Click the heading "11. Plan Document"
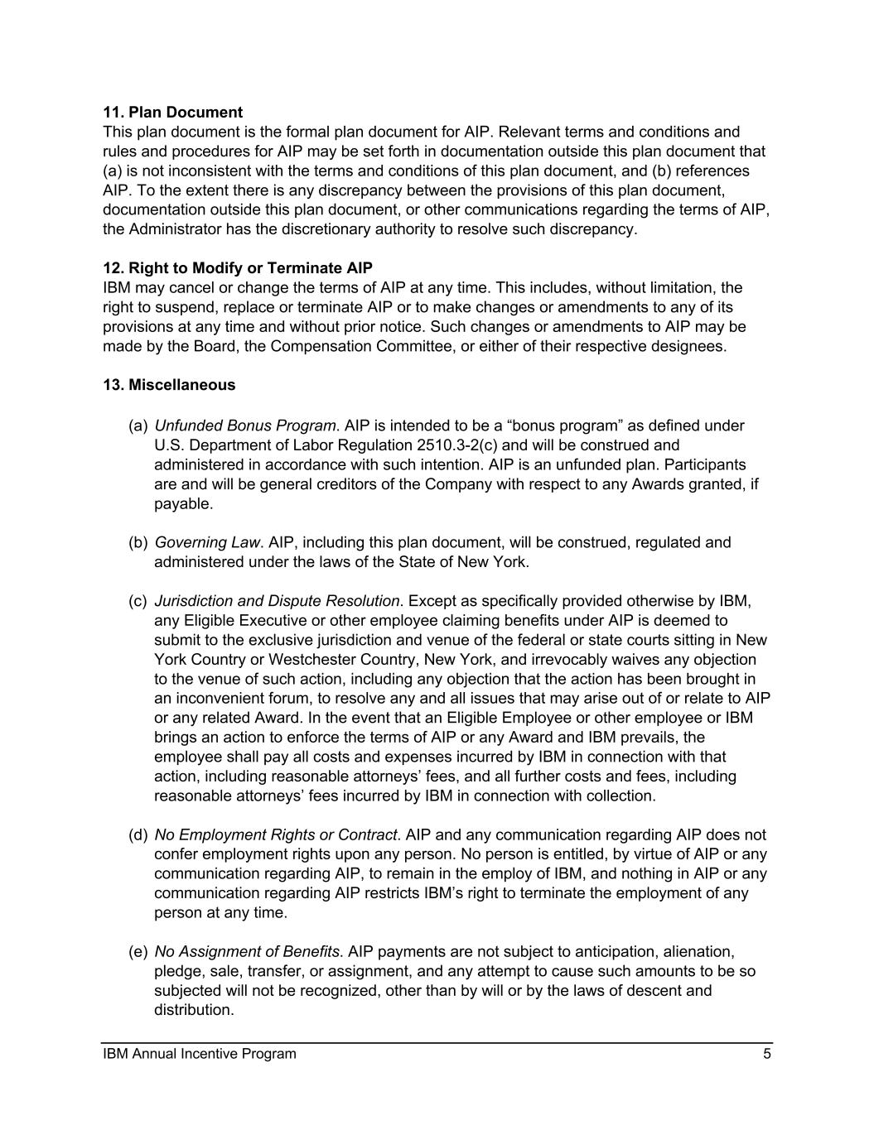coord(172,113)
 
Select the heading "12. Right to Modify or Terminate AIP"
coord(238,268)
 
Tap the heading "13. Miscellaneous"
coord(169,385)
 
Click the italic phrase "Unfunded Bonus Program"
coord(245,426)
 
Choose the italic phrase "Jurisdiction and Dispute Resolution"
coord(277,601)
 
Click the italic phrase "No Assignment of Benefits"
coord(247,952)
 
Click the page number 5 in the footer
coord(767,1054)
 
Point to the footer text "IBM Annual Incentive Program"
coord(200,1054)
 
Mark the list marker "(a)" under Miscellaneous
coord(138,426)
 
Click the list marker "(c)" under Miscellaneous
coord(138,601)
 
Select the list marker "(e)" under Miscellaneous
coord(138,952)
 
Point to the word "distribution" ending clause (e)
coord(192,1010)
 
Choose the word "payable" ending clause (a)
coord(181,503)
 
